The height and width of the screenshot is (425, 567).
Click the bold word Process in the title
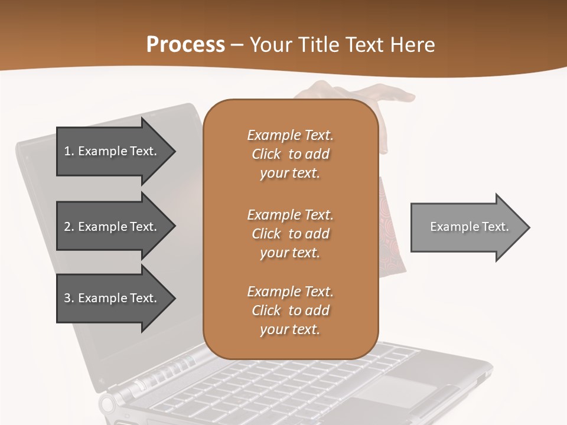coord(185,45)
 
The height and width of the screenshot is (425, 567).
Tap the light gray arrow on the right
coord(467,227)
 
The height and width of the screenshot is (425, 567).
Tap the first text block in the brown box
coord(290,154)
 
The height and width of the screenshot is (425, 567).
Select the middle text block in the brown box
coord(290,234)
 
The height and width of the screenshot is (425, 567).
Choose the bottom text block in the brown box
coord(290,310)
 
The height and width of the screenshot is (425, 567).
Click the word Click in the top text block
coord(266,154)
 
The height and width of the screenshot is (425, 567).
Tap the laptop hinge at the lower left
coord(109,404)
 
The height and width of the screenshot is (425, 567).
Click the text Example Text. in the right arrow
coord(470,227)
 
